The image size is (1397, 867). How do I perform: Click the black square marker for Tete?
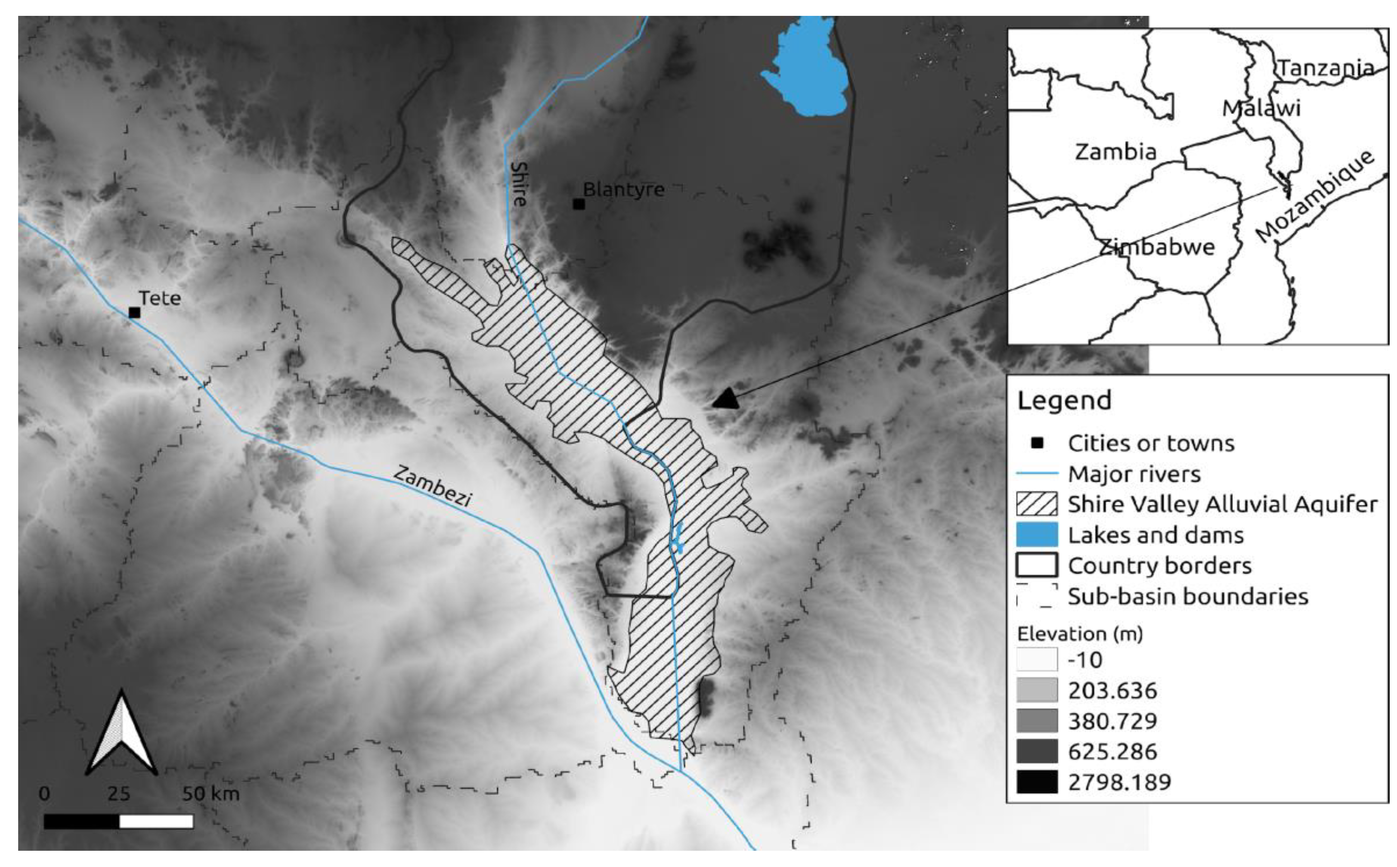134,313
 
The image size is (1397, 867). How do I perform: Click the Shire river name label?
519,183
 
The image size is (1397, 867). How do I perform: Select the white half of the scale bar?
156,822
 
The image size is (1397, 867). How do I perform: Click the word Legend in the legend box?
1064,400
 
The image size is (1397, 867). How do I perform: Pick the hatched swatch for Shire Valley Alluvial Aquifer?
1036,504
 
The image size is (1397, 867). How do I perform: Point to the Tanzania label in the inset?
1326,68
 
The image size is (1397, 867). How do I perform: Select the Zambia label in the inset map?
1115,152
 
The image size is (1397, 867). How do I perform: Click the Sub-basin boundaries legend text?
1188,596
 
